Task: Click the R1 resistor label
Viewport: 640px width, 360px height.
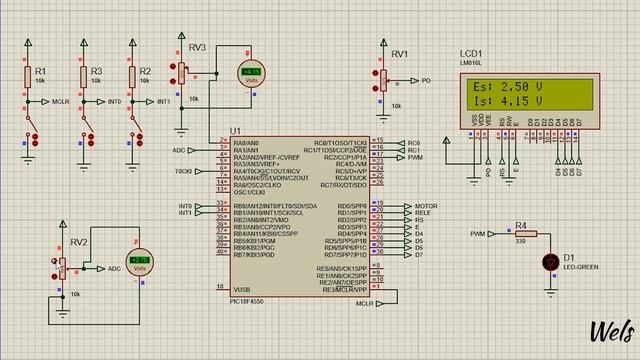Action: click(40, 72)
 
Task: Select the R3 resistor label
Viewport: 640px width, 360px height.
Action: click(96, 72)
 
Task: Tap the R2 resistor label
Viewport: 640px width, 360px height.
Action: click(145, 72)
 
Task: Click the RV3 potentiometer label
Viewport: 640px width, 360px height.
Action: click(197, 48)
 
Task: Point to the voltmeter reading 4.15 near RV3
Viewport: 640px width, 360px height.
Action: click(250, 73)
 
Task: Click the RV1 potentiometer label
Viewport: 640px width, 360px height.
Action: click(400, 54)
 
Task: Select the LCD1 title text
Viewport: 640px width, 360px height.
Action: click(471, 53)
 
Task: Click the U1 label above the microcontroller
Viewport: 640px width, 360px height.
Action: click(235, 131)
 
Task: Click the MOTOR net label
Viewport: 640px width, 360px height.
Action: click(426, 206)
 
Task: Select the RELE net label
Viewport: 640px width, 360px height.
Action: click(423, 213)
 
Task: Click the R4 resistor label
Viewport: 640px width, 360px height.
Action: click(520, 226)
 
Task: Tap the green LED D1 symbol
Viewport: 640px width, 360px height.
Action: click(549, 262)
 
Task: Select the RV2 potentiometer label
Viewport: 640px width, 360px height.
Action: click(79, 243)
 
